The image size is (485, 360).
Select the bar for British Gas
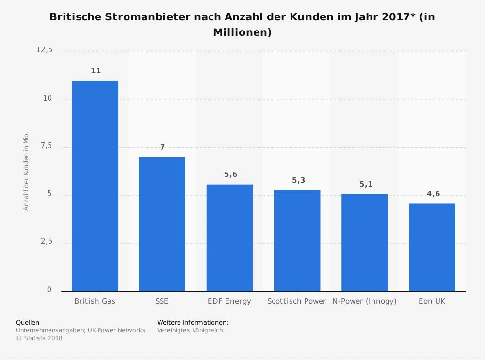pos(95,186)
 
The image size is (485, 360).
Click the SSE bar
pos(162,224)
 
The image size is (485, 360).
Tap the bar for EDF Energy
pos(229,238)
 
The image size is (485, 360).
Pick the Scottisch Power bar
pos(297,241)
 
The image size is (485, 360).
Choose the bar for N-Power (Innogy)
pos(364,243)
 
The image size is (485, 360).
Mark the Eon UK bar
pos(432,248)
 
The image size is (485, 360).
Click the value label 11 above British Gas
pos(96,71)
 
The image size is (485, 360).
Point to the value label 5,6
pos(231,174)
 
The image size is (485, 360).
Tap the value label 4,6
pos(433,194)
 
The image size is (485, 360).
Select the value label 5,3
pos(298,180)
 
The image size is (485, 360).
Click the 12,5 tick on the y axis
pos(44,50)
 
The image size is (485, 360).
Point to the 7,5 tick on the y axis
pos(46,146)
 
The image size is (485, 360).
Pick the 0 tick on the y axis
pos(49,290)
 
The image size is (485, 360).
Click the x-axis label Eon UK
pos(432,301)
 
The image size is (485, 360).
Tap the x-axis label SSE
pos(162,301)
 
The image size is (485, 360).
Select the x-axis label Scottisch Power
pos(297,301)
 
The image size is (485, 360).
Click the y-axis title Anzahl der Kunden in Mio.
pos(27,171)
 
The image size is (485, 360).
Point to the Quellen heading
pos(28,322)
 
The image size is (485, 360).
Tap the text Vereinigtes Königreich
pos(190,330)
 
